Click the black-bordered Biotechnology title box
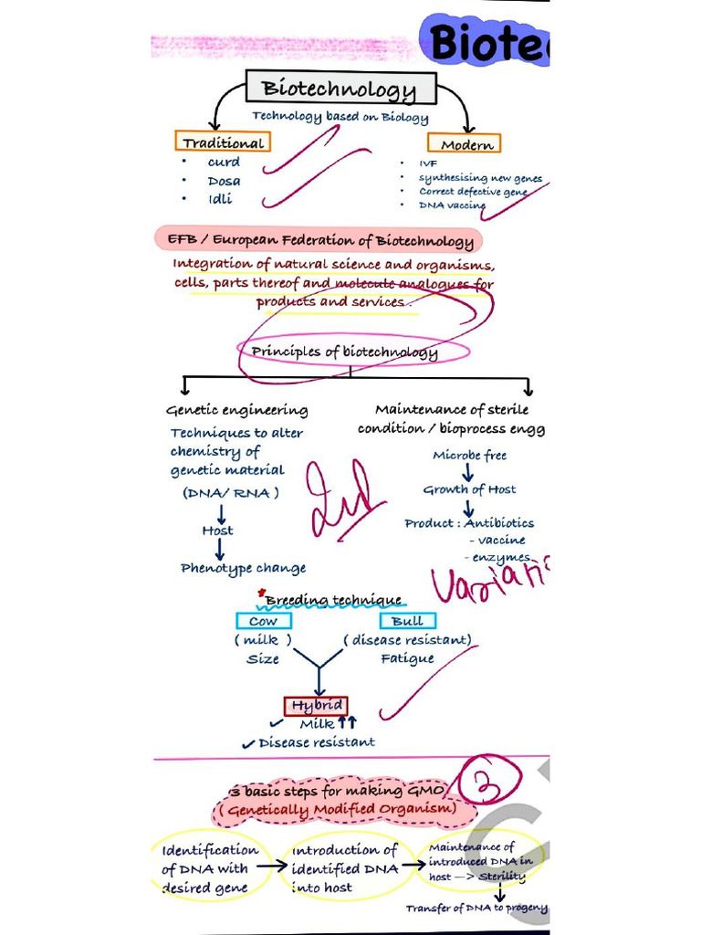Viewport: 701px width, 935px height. pos(340,89)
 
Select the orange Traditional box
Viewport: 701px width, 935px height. pos(223,142)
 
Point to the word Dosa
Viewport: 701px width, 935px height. pos(224,181)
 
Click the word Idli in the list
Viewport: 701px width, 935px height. pos(220,199)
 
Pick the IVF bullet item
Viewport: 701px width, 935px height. pos(428,163)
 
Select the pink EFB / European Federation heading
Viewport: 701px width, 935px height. pos(319,241)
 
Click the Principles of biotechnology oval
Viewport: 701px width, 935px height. pos(345,352)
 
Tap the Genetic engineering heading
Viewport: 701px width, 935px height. pos(236,410)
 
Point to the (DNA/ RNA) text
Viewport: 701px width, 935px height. pos(230,493)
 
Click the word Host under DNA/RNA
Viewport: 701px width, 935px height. pos(217,531)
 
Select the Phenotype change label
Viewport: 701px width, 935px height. pos(243,568)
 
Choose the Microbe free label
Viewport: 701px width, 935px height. pos(469,455)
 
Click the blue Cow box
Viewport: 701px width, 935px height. pos(263,621)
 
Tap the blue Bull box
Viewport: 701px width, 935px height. pos(407,621)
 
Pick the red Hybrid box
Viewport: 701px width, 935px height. pos(316,705)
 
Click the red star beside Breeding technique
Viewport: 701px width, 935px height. pos(262,593)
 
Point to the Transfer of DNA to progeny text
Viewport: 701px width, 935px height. pos(476,909)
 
